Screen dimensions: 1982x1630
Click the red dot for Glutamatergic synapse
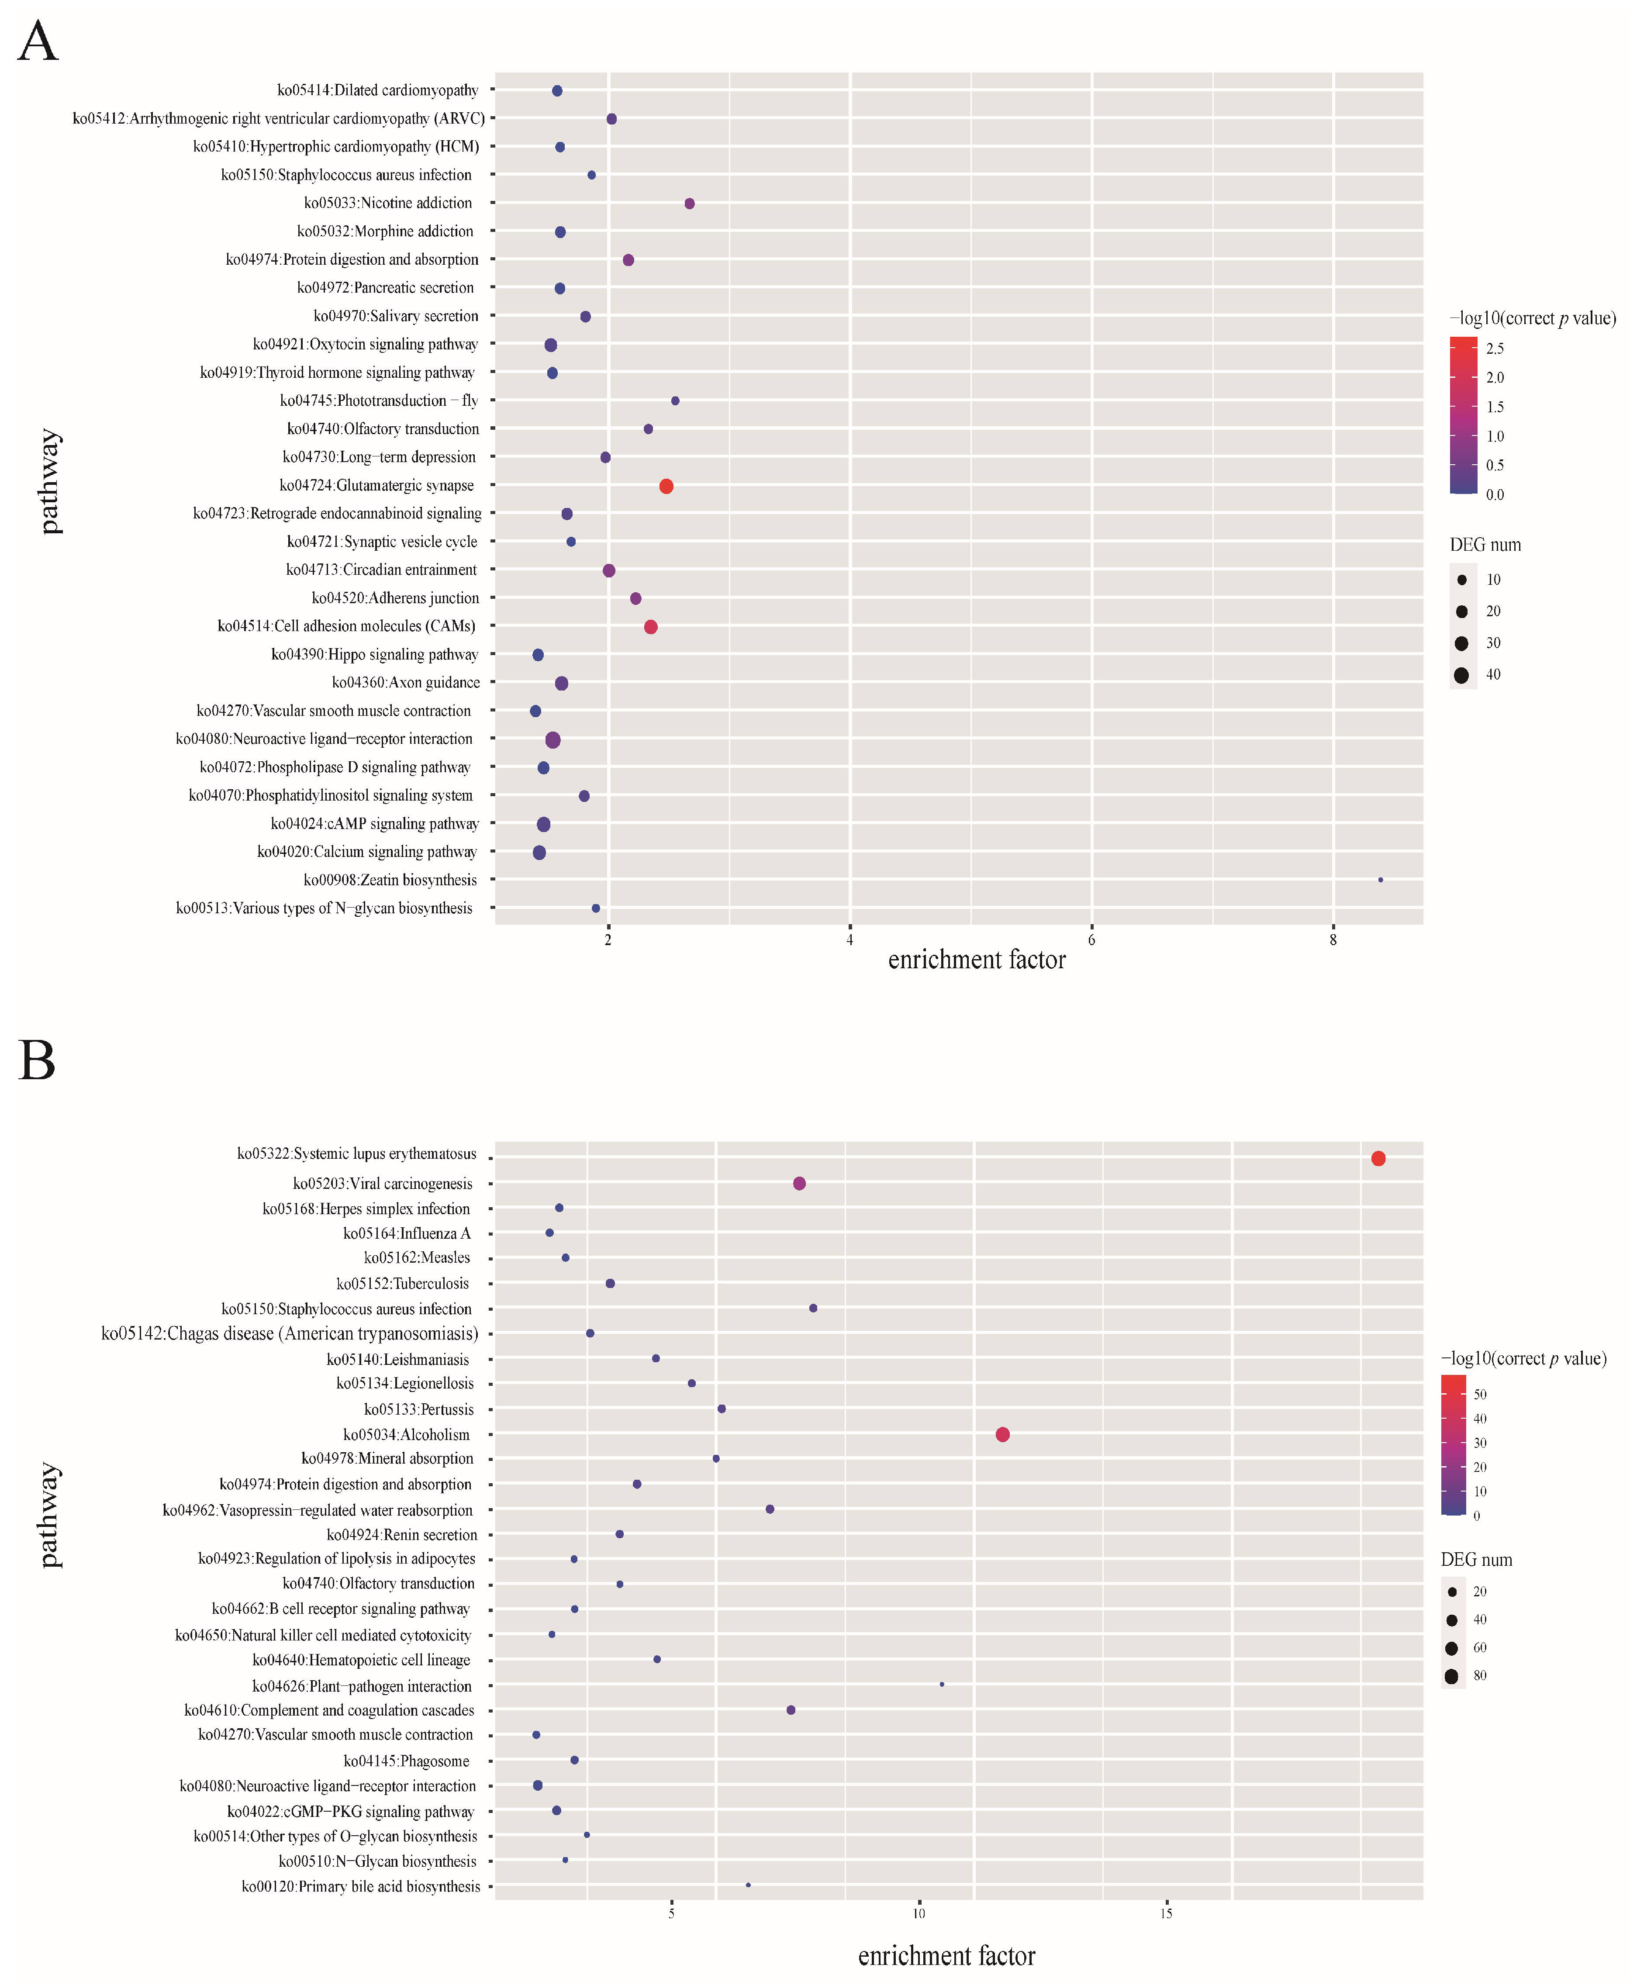(666, 485)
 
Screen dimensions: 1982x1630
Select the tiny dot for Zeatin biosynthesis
(1380, 880)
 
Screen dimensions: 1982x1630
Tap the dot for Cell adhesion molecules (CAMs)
(651, 626)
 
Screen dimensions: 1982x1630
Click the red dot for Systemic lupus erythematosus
(1378, 1159)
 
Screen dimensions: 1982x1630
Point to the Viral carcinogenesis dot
(799, 1183)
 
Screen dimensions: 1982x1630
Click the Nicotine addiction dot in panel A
(689, 204)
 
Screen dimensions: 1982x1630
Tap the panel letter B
(37, 1061)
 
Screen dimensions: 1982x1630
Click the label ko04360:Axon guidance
(406, 683)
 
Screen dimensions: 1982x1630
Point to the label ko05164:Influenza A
(407, 1233)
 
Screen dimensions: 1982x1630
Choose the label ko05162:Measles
(417, 1257)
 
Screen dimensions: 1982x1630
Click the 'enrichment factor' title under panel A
(977, 960)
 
